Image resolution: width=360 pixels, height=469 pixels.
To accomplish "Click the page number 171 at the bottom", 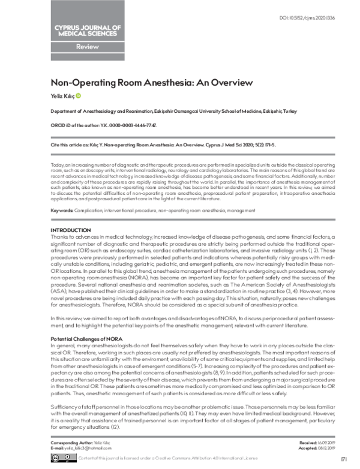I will click(x=343, y=459).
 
